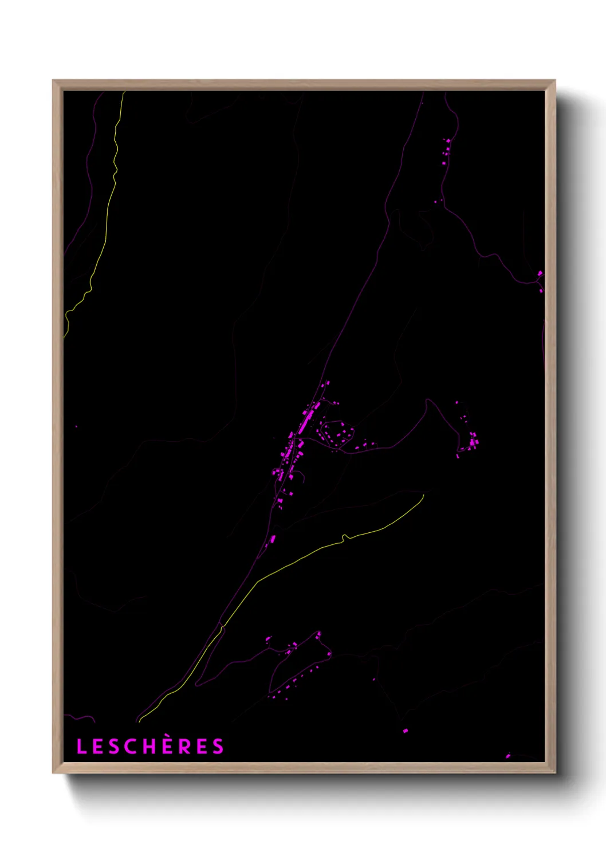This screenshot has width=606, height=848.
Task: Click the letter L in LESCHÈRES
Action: (x=81, y=746)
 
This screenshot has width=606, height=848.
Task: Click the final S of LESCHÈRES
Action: (x=218, y=746)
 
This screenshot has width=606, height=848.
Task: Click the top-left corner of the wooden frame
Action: (x=53, y=81)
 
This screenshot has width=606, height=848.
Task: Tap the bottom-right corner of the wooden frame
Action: (x=555, y=773)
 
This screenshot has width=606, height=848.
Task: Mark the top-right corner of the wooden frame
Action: (x=555, y=81)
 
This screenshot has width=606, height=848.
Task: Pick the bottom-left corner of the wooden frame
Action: (x=53, y=773)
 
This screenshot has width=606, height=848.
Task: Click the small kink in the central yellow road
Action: (x=345, y=537)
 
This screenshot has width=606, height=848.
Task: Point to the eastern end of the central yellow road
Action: (x=423, y=495)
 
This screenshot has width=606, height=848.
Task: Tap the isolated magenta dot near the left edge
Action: (x=76, y=426)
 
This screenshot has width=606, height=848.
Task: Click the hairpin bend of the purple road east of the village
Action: (x=428, y=401)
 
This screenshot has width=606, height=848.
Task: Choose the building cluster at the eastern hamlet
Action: (x=472, y=442)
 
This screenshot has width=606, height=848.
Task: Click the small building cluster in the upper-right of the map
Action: (x=446, y=150)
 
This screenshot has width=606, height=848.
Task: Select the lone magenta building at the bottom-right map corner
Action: (x=508, y=756)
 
